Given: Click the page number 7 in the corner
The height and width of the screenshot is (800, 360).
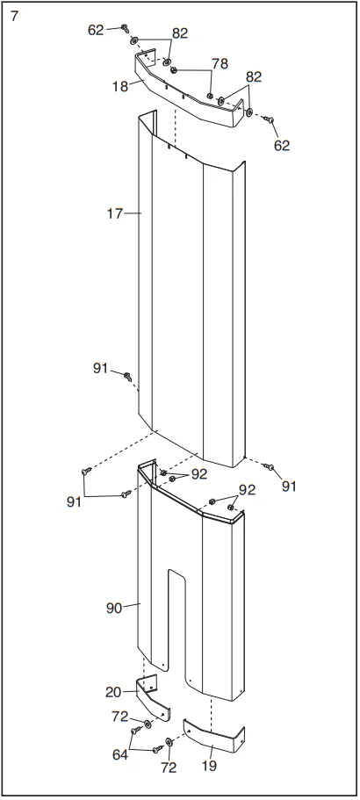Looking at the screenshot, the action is tap(14, 16).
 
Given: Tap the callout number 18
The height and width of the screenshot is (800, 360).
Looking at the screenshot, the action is tap(120, 86).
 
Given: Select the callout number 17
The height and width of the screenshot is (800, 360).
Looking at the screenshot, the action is tap(115, 213).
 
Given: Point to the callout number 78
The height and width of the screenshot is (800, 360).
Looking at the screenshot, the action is tap(220, 64).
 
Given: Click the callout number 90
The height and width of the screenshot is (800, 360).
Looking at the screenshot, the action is tap(115, 608).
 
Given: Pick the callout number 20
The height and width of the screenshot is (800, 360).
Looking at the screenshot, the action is tap(114, 692).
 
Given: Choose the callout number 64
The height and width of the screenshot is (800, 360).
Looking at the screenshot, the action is tap(120, 754).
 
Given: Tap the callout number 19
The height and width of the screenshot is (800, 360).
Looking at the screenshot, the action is tap(209, 765).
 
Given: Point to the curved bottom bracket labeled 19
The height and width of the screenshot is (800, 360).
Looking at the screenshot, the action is tap(214, 738).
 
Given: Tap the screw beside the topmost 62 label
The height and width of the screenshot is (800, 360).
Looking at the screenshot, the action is tap(125, 29).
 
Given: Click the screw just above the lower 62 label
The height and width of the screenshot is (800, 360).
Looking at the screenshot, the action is tap(269, 119).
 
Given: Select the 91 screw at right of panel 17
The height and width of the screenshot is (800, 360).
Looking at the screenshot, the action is tap(269, 466).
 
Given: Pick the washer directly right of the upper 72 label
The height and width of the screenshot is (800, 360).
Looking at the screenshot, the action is tap(148, 724).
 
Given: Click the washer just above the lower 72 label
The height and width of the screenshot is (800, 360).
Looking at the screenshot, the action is tap(169, 741).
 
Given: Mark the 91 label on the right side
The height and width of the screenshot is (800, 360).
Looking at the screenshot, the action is tap(289, 486).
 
